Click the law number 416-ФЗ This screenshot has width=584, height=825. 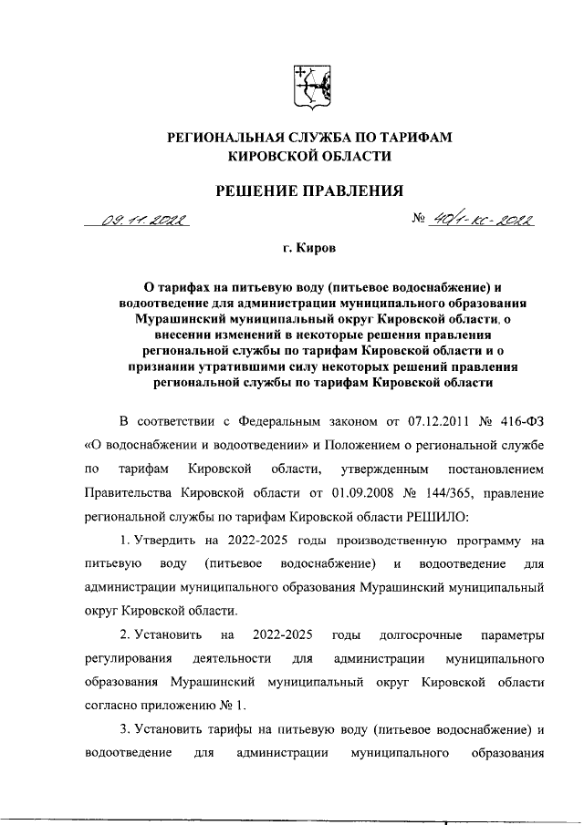(x=519, y=421)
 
